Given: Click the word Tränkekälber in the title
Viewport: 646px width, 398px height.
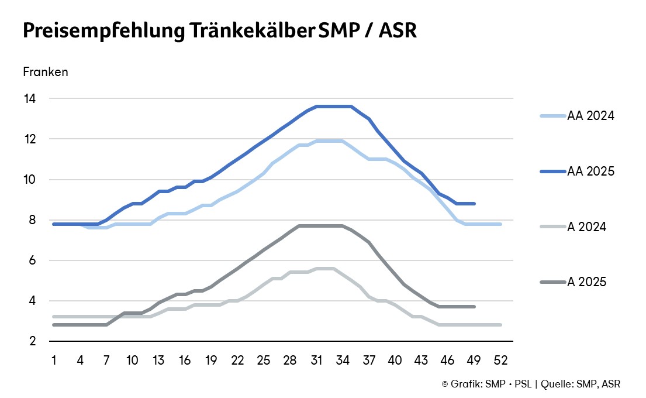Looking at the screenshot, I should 253,31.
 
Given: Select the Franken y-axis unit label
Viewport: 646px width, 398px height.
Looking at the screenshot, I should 46,72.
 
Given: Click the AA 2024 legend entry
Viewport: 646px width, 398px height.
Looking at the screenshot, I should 590,116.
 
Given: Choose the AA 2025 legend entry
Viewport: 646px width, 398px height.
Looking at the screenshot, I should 590,171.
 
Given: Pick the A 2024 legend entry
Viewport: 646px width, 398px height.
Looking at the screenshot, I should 587,227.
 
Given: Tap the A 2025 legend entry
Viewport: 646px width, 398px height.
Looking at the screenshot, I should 587,282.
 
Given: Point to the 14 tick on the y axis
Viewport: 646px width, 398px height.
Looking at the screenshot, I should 29,99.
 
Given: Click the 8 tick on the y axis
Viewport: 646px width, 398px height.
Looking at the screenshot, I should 32,220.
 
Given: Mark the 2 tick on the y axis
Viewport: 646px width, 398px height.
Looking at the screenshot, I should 32,341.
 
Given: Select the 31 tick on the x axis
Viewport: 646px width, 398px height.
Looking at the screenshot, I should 316,359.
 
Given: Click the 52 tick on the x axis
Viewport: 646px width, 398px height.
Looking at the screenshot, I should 500,359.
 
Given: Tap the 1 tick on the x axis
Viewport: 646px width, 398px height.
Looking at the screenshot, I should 54,359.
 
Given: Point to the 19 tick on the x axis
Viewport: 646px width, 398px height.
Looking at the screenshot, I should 211,359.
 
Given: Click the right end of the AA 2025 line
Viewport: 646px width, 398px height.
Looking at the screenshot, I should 474,204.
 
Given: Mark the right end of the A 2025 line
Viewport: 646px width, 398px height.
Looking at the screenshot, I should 474,307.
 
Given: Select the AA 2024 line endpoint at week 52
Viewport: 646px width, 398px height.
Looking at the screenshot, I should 500,224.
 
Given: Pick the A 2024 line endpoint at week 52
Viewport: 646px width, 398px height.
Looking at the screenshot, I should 500,325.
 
